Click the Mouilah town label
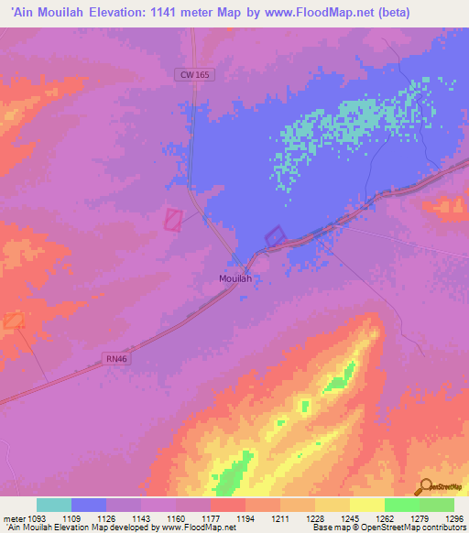click(234, 278)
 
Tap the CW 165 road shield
click(194, 76)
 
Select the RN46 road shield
click(115, 363)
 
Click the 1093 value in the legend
click(36, 518)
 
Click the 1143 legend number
click(141, 518)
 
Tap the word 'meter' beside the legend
click(12, 518)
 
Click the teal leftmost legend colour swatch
click(54, 505)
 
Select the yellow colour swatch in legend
click(367, 505)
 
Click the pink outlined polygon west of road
click(173, 219)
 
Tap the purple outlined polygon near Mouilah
click(275, 236)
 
